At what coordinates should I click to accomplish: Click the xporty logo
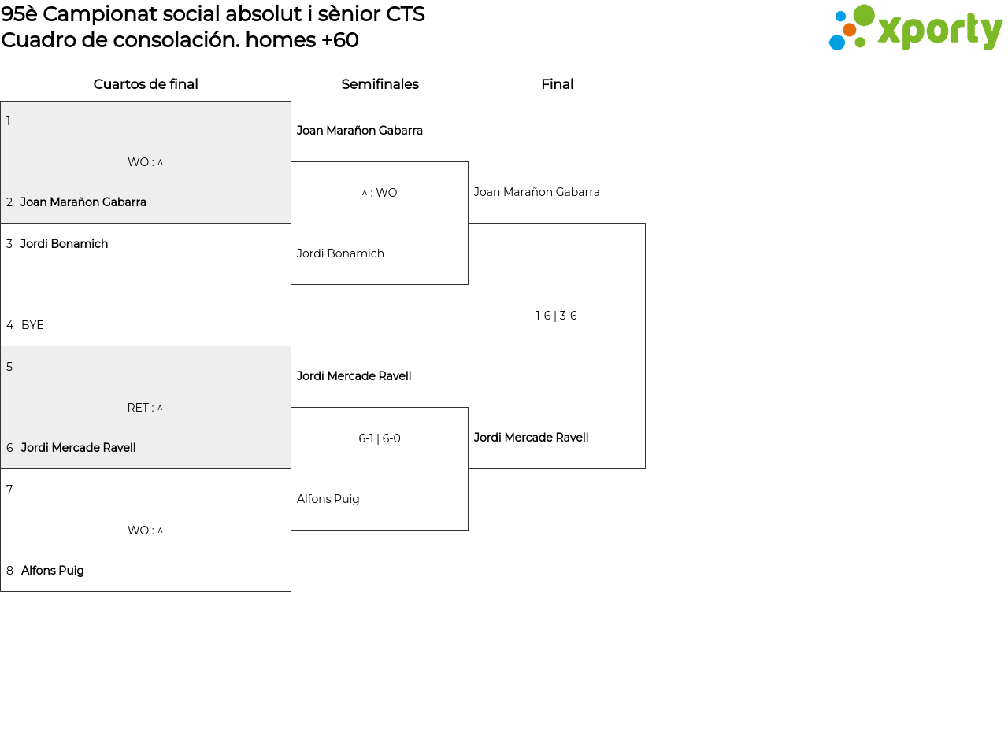[915, 28]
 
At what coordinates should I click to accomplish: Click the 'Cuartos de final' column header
[146, 84]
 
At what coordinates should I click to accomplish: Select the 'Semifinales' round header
[380, 84]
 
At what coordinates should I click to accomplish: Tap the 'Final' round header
[557, 84]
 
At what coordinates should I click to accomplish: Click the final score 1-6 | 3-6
[556, 316]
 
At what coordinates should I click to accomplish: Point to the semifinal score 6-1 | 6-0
[379, 438]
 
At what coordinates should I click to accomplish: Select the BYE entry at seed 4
[32, 325]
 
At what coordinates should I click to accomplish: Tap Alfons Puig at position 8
[52, 571]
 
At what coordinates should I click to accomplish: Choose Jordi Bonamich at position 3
[64, 243]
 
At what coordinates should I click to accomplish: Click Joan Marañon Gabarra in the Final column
[536, 192]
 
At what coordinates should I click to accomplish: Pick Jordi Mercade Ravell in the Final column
[531, 437]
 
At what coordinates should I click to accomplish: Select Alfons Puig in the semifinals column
[328, 499]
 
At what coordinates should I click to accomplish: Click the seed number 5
[9, 367]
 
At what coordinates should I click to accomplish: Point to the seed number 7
[9, 490]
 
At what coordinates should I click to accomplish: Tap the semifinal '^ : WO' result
[379, 193]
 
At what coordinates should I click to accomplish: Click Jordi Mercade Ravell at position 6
[78, 448]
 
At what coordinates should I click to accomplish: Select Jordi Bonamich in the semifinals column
[340, 253]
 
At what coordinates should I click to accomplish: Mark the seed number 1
[8, 121]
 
